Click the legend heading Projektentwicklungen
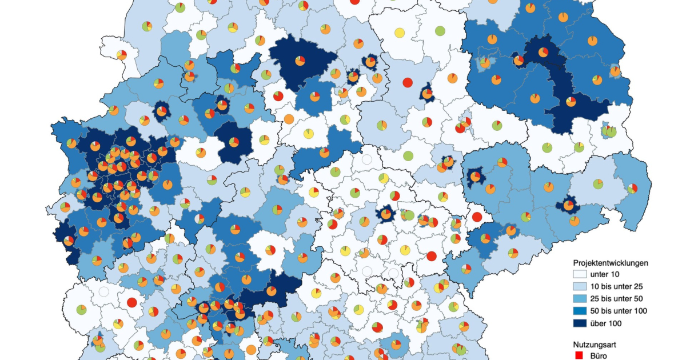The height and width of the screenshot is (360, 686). point(611,263)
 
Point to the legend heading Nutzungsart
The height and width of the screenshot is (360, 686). point(595,345)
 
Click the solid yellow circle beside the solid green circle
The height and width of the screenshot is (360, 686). point(400,32)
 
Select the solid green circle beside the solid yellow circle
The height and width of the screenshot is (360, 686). point(440,31)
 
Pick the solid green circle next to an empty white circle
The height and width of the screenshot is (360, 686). point(408,155)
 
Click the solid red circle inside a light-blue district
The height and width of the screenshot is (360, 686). point(407,82)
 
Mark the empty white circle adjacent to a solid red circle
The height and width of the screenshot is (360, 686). point(103,291)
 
